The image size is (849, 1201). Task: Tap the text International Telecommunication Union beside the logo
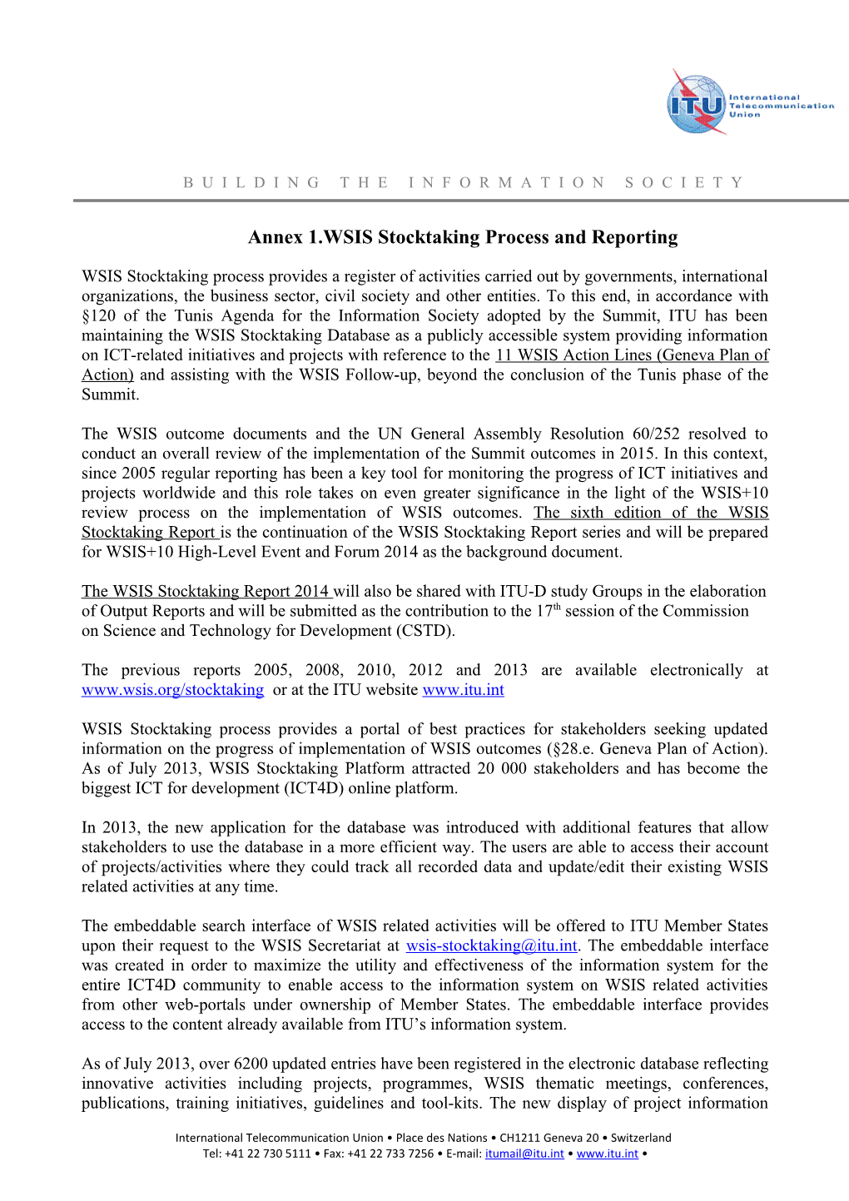click(x=780, y=106)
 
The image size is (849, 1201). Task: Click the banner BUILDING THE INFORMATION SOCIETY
click(x=464, y=182)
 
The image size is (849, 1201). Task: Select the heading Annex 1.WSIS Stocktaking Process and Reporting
click(x=463, y=237)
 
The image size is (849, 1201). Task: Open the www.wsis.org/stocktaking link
click(x=172, y=690)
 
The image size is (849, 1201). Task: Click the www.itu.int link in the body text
click(x=463, y=690)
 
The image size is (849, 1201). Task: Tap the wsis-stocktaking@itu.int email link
click(x=491, y=945)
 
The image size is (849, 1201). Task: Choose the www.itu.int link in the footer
click(x=607, y=1154)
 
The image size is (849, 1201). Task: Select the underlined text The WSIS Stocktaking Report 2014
click(x=206, y=592)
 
